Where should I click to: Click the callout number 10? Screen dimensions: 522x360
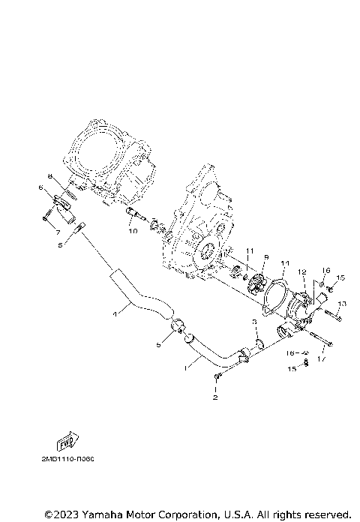(x=133, y=232)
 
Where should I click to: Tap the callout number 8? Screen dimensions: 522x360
(x=51, y=177)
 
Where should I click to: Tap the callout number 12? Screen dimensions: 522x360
(x=301, y=271)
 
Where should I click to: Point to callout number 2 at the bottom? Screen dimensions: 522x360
(x=216, y=397)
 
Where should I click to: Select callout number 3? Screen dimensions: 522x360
(x=254, y=321)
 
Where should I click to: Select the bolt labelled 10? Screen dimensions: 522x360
(x=133, y=217)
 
